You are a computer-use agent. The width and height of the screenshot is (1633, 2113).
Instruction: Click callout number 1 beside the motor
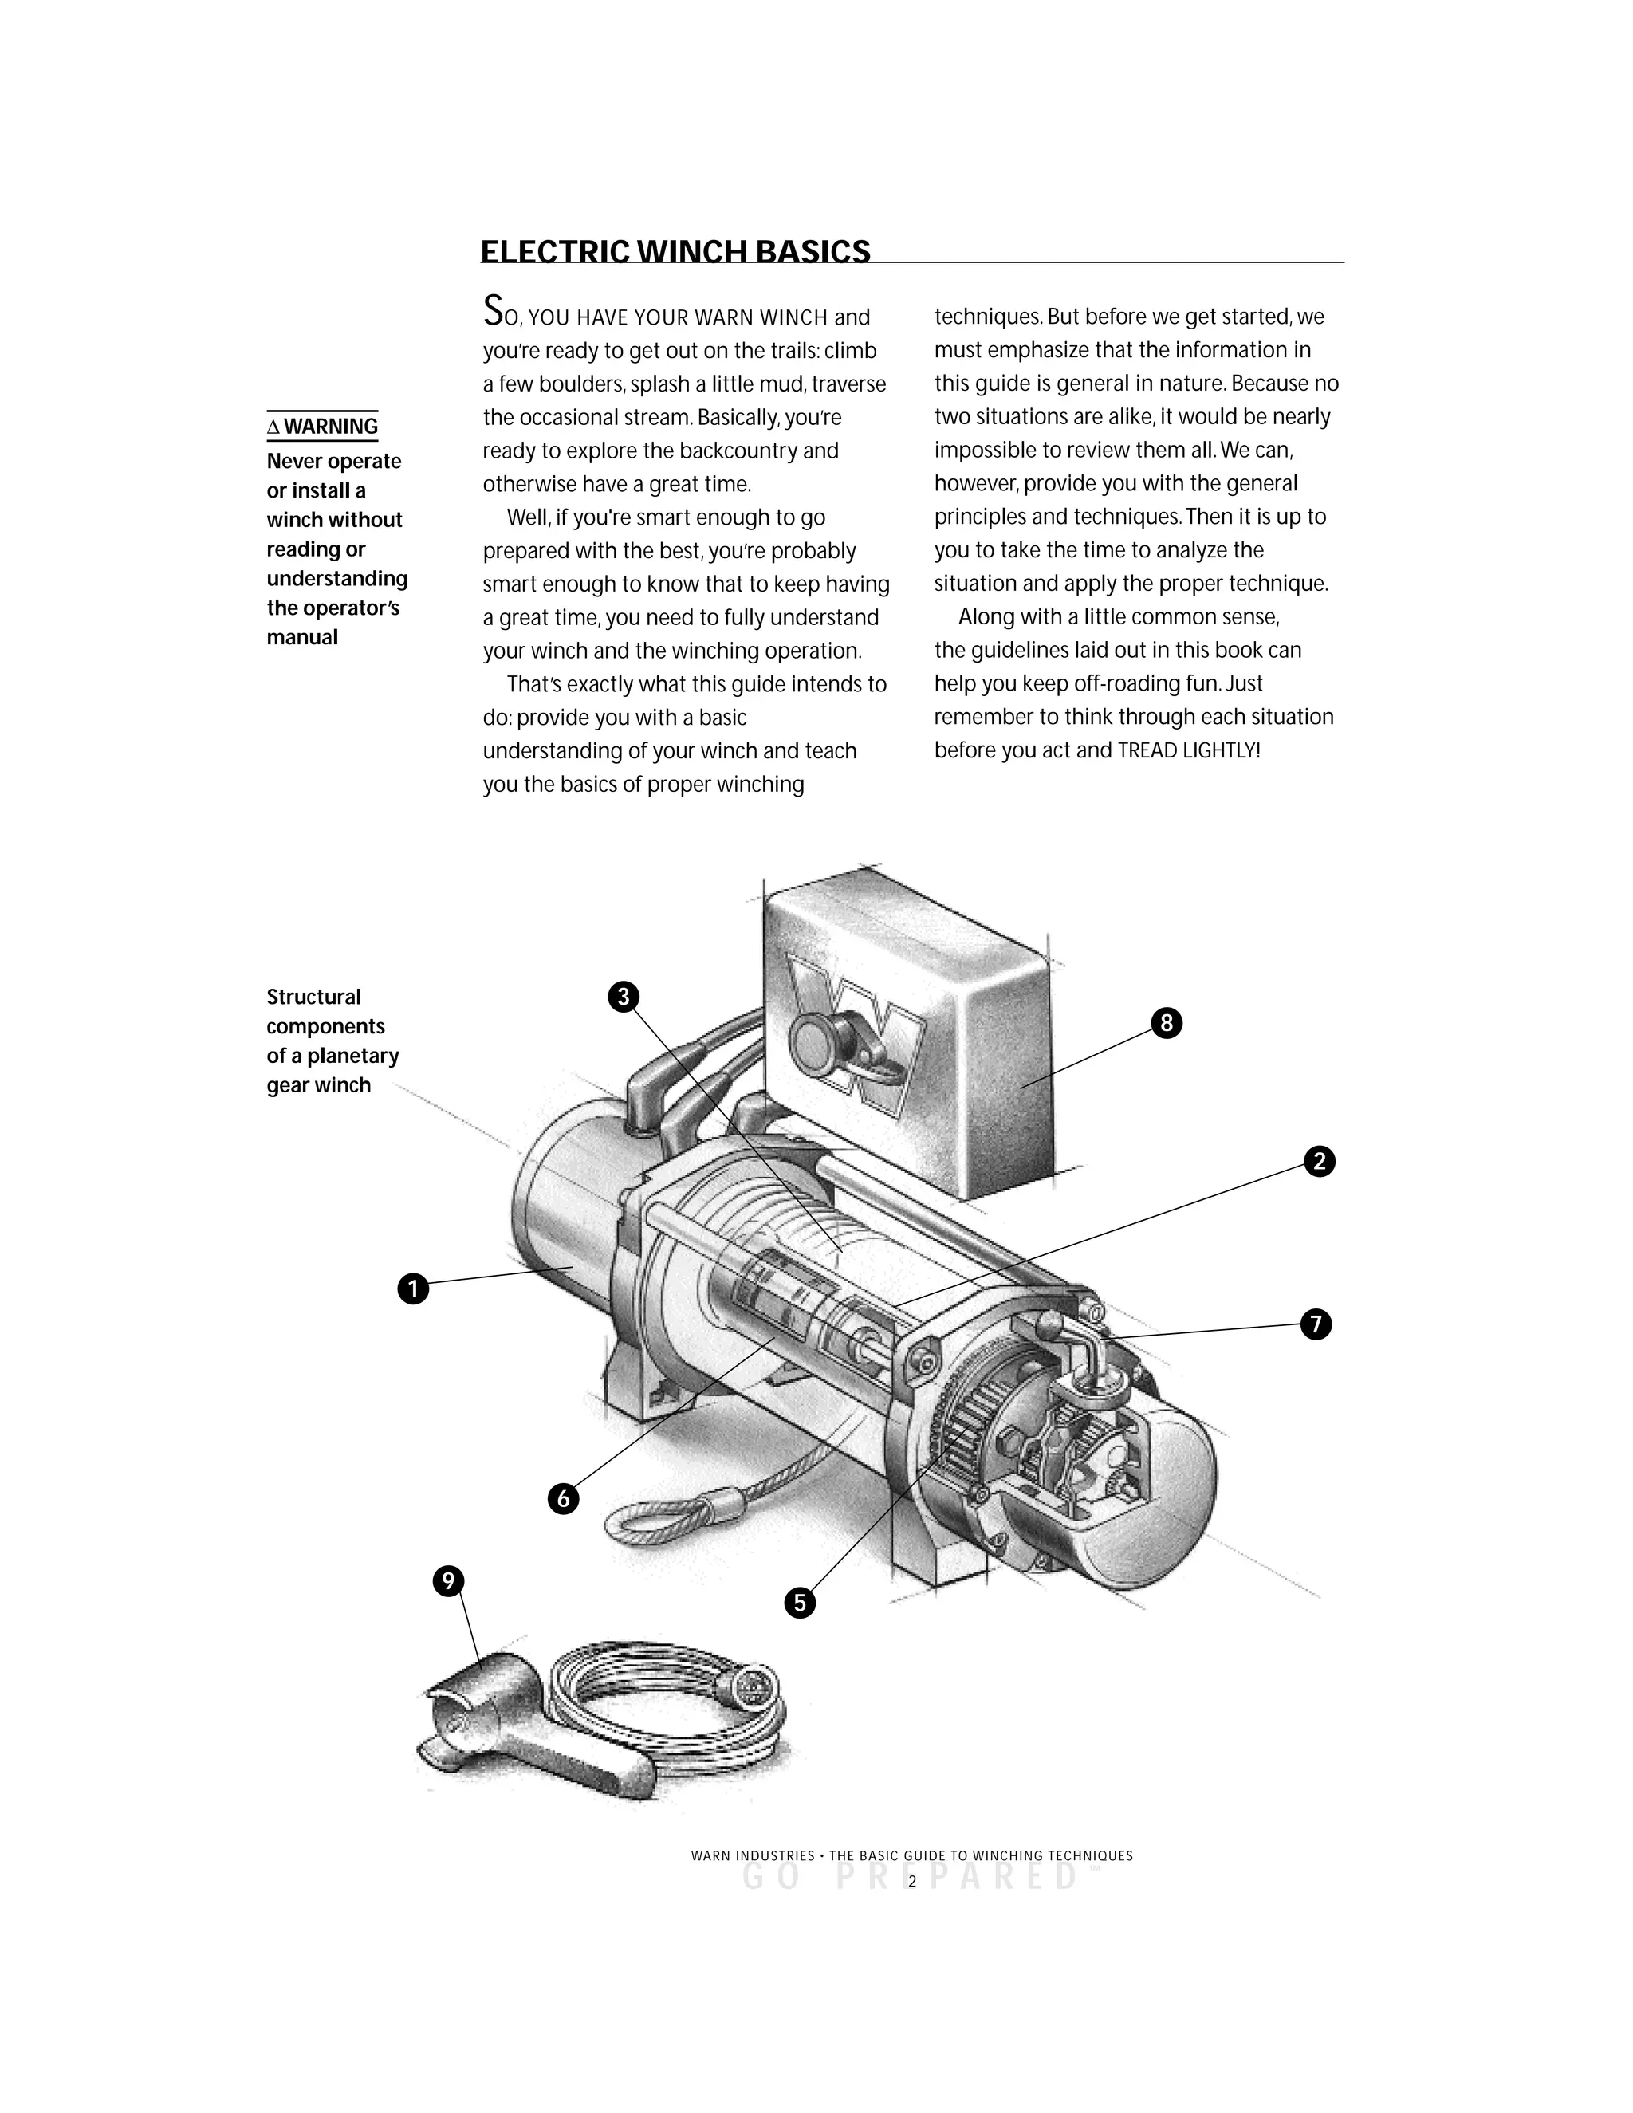coord(413,1289)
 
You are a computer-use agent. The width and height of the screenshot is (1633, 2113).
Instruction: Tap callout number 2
coord(1320,1161)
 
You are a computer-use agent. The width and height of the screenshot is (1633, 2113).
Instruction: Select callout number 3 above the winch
coord(623,997)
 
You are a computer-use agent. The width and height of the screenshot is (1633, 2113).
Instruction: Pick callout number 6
coord(563,1499)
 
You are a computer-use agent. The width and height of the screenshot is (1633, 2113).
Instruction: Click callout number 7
coord(1316,1324)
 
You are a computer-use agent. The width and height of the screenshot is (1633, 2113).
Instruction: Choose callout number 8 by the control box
coord(1167,1023)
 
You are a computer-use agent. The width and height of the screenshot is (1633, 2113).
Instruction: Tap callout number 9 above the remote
coord(447,1582)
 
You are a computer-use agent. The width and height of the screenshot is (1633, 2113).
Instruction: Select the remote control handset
coord(522,1737)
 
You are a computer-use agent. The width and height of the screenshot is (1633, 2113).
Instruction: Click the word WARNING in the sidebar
coord(331,427)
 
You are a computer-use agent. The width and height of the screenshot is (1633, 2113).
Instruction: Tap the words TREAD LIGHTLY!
coord(1189,751)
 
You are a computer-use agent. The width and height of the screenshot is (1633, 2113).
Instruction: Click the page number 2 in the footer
coord(911,1882)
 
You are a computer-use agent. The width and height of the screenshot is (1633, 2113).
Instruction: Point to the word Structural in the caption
coord(313,997)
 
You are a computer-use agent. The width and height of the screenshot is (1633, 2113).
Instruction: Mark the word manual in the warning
coord(303,638)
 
